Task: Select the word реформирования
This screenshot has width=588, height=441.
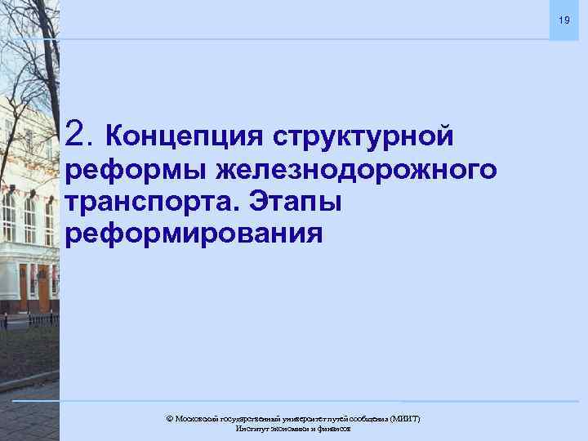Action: [x=194, y=234]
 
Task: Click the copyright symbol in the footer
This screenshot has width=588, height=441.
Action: [x=170, y=418]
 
